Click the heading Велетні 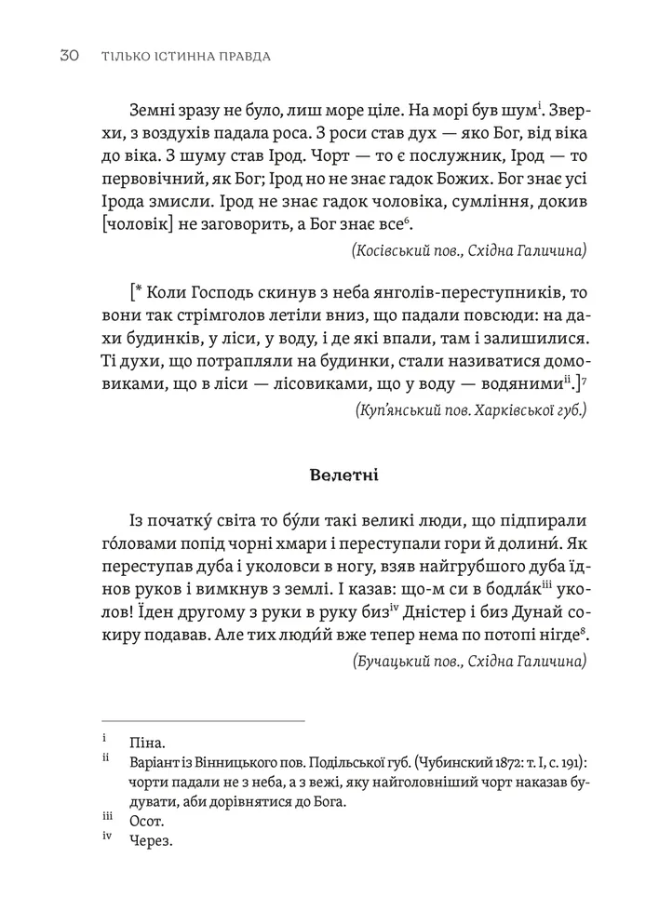343,475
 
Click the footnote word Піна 148,743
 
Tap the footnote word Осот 148,822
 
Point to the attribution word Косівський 394,250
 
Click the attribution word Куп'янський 399,408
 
